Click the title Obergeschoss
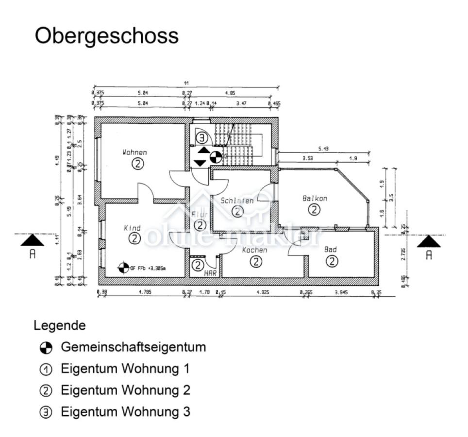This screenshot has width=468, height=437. point(107,36)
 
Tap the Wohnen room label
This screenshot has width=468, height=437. point(134,152)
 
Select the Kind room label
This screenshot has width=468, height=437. point(132,228)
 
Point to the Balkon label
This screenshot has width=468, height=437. point(315,198)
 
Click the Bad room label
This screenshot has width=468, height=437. point(331,250)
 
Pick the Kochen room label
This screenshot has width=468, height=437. point(254,250)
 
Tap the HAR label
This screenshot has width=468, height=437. point(210,273)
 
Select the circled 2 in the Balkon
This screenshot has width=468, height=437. point(315,209)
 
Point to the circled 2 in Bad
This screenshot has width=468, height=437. point(332,261)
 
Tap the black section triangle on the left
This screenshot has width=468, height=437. point(33,240)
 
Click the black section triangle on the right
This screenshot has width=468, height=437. point(429,241)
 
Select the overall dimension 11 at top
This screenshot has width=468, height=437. point(185,83)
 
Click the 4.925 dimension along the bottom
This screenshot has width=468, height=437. point(263,292)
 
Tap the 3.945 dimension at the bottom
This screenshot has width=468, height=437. point(341,292)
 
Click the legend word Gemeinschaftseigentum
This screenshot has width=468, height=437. point(133,347)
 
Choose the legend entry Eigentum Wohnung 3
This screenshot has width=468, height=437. point(125,412)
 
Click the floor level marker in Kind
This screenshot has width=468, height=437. point(124,267)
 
